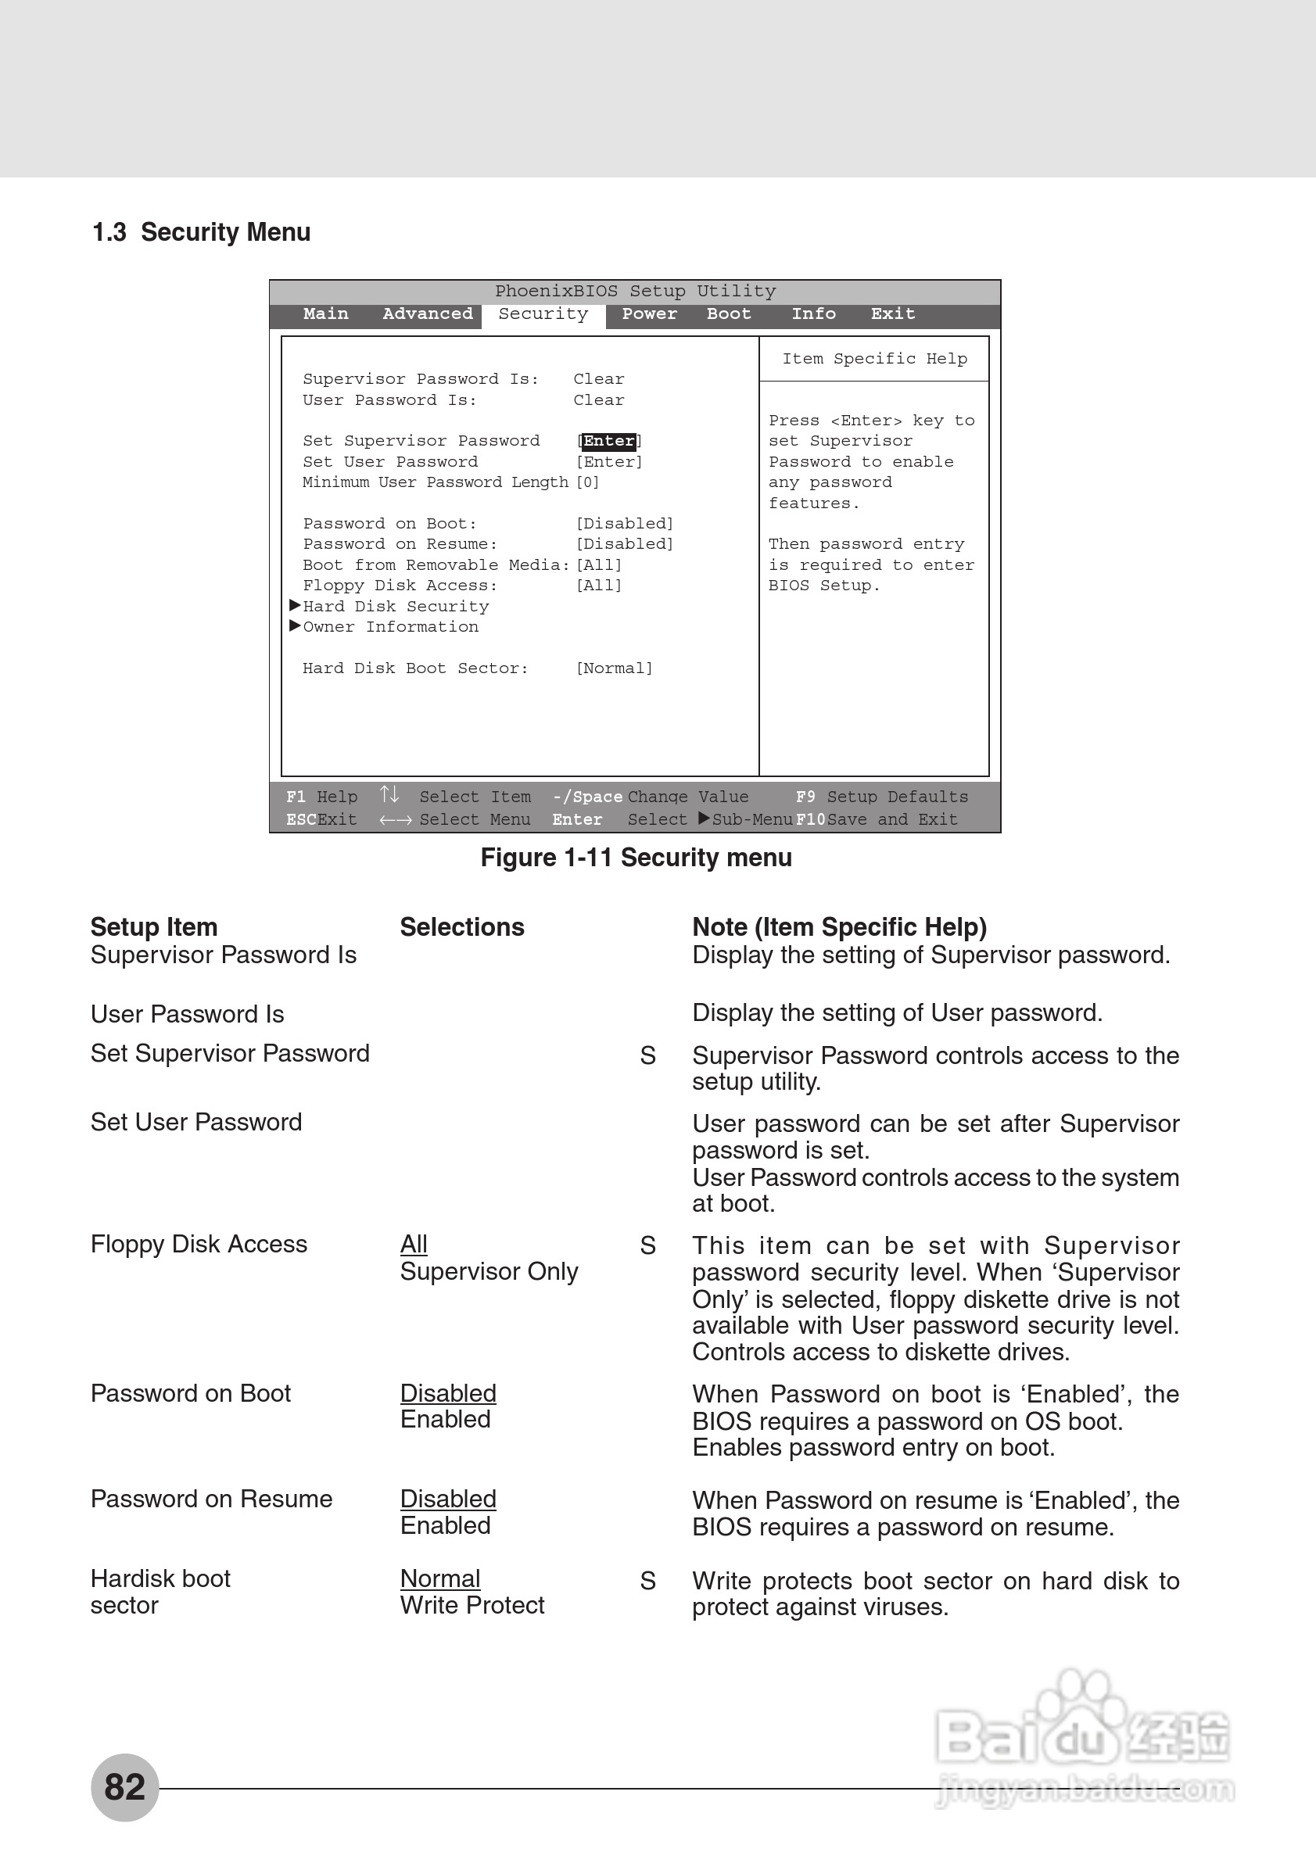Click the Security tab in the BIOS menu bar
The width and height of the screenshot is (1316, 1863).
tap(543, 314)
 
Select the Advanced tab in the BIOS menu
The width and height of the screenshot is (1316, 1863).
tap(428, 314)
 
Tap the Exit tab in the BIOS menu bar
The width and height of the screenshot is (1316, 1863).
tap(892, 314)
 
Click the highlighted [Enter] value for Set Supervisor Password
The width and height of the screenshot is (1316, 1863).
tap(609, 441)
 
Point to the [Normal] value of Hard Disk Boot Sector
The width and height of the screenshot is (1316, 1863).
tap(614, 668)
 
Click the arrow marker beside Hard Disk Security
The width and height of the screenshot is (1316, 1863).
tap(296, 605)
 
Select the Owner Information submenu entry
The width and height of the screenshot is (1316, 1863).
tap(390, 627)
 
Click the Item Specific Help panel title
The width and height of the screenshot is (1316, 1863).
tap(874, 359)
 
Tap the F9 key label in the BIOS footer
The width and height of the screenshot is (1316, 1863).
tap(805, 797)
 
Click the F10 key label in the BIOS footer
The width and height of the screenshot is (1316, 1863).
tap(810, 819)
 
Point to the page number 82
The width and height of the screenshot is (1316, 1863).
tap(124, 1786)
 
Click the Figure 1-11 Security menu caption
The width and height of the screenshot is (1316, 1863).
tap(636, 858)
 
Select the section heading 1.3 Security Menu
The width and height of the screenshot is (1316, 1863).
tap(201, 232)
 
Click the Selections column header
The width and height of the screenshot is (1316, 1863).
tap(461, 927)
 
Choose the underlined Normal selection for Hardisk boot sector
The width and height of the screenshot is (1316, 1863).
tap(439, 1578)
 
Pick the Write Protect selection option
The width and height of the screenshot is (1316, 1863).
tap(472, 1605)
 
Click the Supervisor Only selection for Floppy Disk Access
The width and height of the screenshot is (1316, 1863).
tap(489, 1271)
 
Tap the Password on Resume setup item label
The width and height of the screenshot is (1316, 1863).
tap(211, 1499)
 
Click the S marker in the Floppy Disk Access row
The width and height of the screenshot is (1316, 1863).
tap(647, 1245)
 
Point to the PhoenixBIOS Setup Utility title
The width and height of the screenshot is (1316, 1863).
tap(635, 292)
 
